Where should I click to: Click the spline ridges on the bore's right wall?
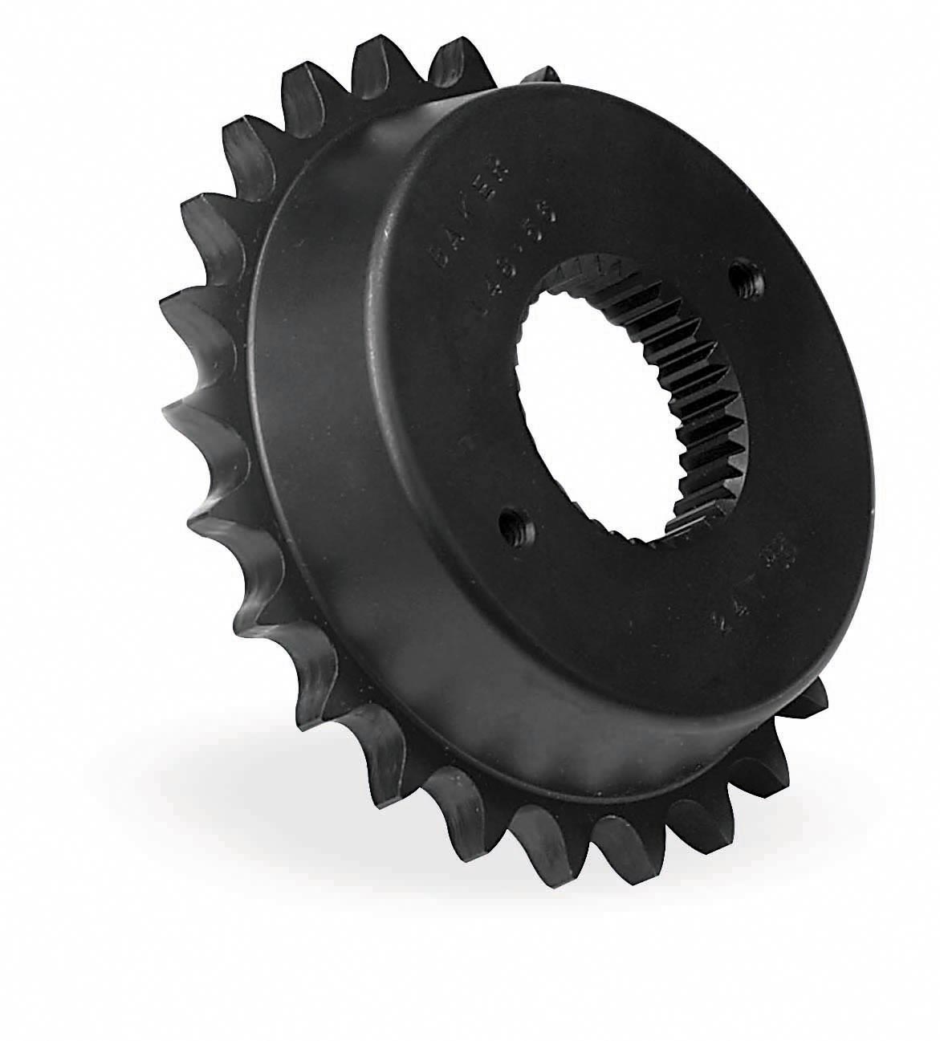(x=706, y=417)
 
